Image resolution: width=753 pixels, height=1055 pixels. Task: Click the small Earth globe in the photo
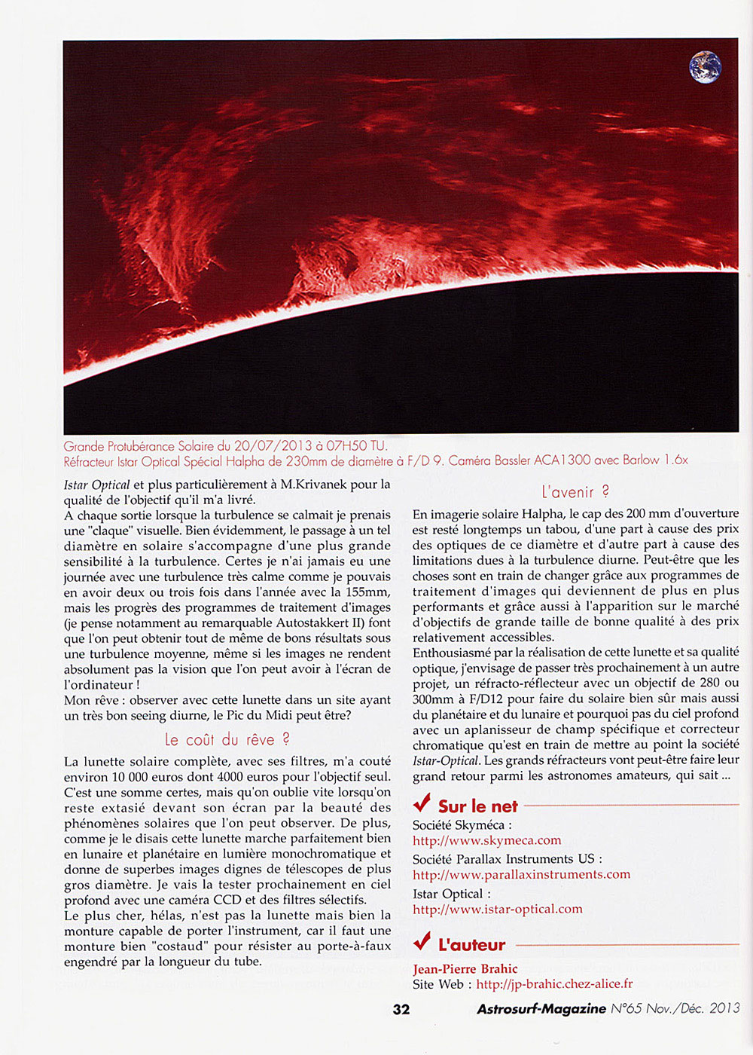(x=705, y=67)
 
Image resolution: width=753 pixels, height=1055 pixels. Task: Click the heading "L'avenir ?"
(x=575, y=492)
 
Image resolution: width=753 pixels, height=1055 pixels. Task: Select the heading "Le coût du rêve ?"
(x=227, y=739)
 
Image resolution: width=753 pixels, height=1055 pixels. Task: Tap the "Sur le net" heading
(x=477, y=806)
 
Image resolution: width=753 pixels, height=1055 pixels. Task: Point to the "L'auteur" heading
(x=471, y=945)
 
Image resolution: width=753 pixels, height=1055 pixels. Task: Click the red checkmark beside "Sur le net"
(x=422, y=803)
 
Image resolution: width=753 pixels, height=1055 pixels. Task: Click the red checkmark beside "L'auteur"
(x=422, y=942)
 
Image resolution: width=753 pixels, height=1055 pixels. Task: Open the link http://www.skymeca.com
(x=486, y=840)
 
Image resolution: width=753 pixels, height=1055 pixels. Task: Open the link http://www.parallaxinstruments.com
(x=521, y=874)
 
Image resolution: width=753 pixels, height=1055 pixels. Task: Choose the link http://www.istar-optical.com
(x=497, y=909)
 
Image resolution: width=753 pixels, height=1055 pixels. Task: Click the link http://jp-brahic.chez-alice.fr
(x=554, y=983)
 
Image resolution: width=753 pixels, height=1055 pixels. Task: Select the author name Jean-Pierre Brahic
(x=465, y=968)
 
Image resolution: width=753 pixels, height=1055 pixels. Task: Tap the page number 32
(x=401, y=1009)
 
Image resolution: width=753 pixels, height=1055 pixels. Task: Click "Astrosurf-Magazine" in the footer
(x=541, y=1008)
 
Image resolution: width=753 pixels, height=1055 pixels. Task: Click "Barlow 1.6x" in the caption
(x=655, y=460)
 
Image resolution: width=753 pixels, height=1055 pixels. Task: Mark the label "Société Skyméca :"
(x=462, y=825)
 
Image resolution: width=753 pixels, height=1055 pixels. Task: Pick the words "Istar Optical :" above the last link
(x=451, y=894)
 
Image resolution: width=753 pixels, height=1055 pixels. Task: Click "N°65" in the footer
(x=625, y=1008)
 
